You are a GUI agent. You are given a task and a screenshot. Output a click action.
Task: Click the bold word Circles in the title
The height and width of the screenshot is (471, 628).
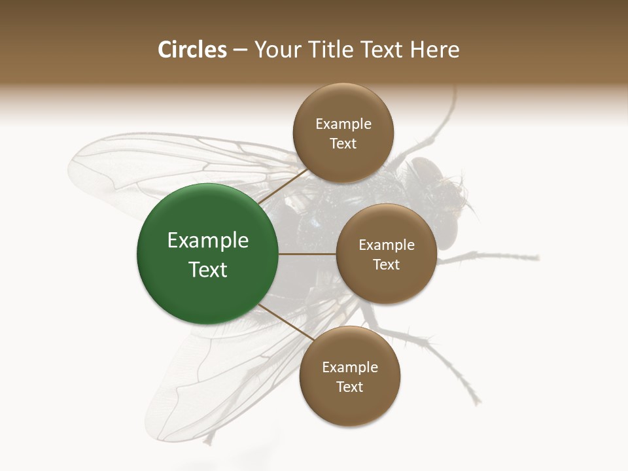click(192, 50)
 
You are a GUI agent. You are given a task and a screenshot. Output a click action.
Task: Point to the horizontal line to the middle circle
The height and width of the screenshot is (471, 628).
click(307, 254)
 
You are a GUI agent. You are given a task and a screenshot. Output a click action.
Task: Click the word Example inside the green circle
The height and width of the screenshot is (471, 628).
click(208, 241)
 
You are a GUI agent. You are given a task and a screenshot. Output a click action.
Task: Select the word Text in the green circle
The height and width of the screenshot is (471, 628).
click(208, 270)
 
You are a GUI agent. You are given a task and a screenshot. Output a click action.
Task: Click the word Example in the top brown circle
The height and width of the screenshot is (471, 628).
click(343, 124)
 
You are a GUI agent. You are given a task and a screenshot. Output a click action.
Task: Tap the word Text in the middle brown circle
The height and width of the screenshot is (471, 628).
click(386, 264)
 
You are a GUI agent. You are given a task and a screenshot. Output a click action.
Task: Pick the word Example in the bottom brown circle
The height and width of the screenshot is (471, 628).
click(350, 367)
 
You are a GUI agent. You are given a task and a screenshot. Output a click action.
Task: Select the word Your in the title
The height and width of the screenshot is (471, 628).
click(275, 50)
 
